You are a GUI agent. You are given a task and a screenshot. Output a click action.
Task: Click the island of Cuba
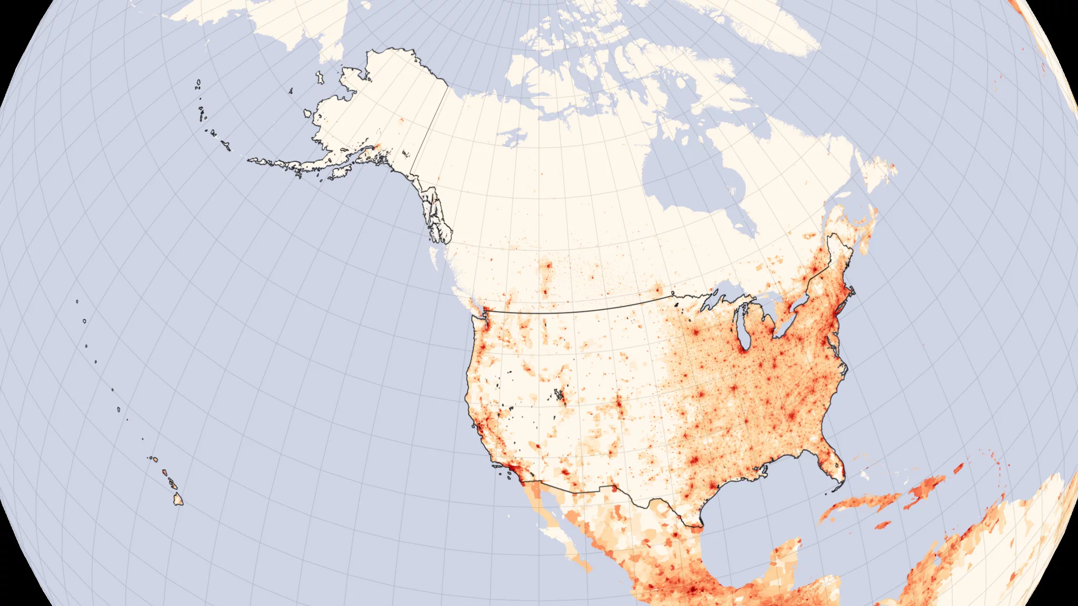863,502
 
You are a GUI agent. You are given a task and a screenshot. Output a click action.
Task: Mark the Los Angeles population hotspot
508,466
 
